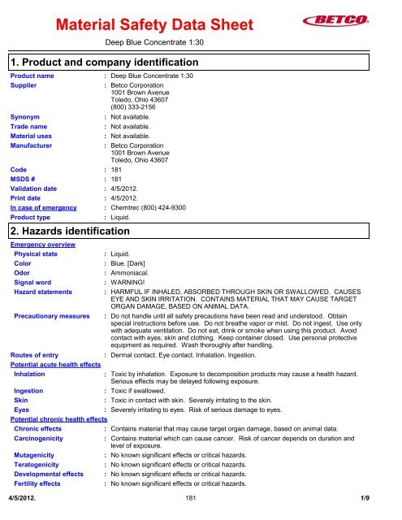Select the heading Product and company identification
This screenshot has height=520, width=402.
coord(106,63)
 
